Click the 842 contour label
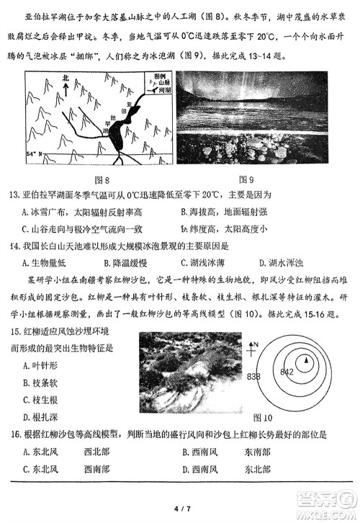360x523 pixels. coord(287,371)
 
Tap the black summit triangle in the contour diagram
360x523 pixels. coord(306,359)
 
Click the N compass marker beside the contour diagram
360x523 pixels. coord(254,346)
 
